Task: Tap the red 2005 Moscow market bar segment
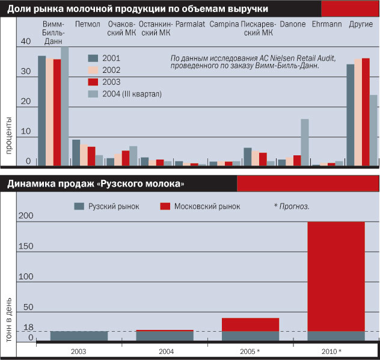click(x=250, y=324)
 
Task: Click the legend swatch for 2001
click(x=93, y=58)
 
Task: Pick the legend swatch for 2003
click(x=93, y=82)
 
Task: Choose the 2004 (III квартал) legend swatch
click(x=93, y=94)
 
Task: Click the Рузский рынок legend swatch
click(x=79, y=206)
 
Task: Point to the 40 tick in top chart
click(x=25, y=42)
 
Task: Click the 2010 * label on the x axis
click(x=331, y=351)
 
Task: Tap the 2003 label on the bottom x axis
click(x=78, y=351)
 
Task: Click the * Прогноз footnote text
click(x=292, y=206)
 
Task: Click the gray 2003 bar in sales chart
click(x=79, y=335)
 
